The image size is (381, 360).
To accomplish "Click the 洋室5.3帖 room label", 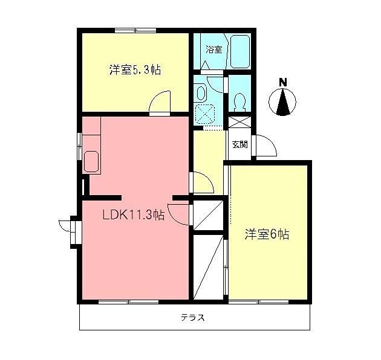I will coord(135,70).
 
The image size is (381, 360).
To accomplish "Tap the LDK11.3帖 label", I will coord(132,216).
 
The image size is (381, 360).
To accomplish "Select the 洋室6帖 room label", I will coord(267,234).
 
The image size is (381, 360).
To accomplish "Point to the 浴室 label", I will coord(213,50).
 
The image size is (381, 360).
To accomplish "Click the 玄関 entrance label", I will coord(239,144).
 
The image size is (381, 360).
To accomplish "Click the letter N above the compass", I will coord(282,82).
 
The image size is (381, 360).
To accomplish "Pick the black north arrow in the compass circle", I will coord(282,102).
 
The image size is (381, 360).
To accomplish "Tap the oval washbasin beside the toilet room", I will coord(202,92).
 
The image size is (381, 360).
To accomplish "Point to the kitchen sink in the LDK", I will coord(91,161).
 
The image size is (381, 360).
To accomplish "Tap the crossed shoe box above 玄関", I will coord(239,121).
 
